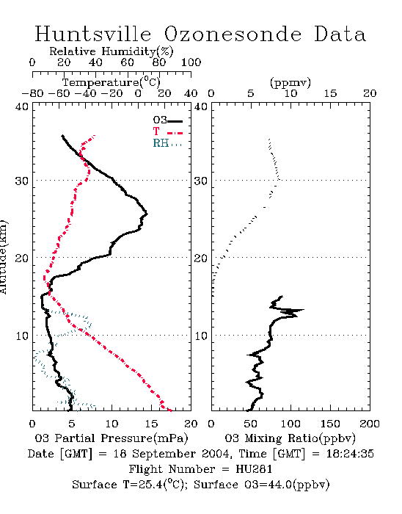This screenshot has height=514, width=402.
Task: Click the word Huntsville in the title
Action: pos(93,34)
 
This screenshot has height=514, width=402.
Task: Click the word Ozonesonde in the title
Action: pos(233,34)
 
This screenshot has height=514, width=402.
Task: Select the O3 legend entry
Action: pos(167,120)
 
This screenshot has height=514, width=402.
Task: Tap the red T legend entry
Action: pos(167,131)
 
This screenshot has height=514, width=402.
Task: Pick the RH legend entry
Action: pos(167,143)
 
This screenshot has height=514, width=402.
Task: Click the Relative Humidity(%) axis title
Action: pos(112,51)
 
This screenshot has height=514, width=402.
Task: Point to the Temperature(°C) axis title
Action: pos(112,82)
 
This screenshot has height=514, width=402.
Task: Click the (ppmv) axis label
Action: pos(290,82)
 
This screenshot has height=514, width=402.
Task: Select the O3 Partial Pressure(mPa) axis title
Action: pos(112,438)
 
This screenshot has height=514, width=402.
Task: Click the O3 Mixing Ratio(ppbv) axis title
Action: pos(290,438)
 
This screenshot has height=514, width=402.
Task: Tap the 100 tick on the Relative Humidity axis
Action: pos(191,62)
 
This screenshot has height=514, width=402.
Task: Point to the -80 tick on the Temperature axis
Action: pos(32,93)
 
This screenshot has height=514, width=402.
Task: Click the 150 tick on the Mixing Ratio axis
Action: pos(330,424)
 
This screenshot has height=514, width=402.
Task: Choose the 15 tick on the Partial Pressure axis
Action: pos(151,424)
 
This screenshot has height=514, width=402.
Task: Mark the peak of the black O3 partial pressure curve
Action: pos(147,214)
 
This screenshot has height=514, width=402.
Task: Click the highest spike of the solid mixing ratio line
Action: pos(304,309)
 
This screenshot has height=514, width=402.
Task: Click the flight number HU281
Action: pos(254,469)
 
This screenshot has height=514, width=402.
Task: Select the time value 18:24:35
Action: pos(350,454)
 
